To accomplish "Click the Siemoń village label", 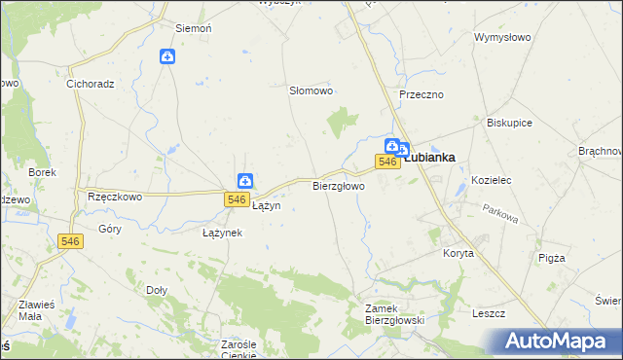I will pos(193,29).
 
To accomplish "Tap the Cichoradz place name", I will pos(91,84).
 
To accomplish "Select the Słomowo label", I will pos(311,90).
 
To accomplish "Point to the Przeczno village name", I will pos(421,94).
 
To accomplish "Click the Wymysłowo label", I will pos(501,38).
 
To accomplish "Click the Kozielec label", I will pos(491,181).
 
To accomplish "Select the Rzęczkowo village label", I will pos(115,196).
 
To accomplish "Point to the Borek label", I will pos(43,172).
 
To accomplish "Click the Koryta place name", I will pos(458,253).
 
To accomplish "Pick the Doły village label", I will pos(157,290).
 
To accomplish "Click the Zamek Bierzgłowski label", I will pos(389,313).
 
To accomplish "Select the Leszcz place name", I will pos(488,313).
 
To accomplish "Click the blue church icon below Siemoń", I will pos(167,57).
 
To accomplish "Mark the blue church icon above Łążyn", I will pos(245,180).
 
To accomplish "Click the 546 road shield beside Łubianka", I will pos(387,162).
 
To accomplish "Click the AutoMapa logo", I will pos(561,342).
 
